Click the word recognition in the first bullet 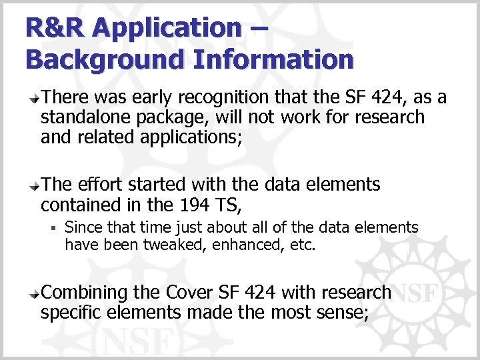[x=213, y=98]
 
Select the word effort [x=97, y=184]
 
